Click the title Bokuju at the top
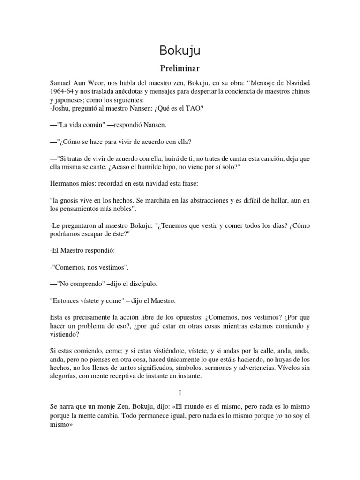tap(180, 50)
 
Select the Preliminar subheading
tap(180, 67)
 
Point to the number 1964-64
tap(65, 90)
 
